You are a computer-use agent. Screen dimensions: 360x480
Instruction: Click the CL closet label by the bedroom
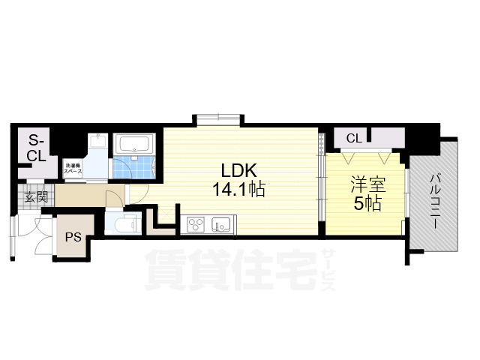[x=354, y=138]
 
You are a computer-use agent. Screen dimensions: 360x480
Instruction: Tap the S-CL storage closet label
[x=37, y=148]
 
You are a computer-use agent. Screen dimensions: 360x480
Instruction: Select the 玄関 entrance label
[x=34, y=198]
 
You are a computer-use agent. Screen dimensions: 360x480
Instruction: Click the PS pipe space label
[x=72, y=238]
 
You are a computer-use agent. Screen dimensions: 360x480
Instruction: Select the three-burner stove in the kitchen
[x=195, y=223]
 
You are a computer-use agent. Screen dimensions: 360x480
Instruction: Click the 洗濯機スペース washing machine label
[x=73, y=169]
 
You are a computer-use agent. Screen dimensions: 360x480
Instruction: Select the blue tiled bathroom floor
[x=135, y=167]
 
